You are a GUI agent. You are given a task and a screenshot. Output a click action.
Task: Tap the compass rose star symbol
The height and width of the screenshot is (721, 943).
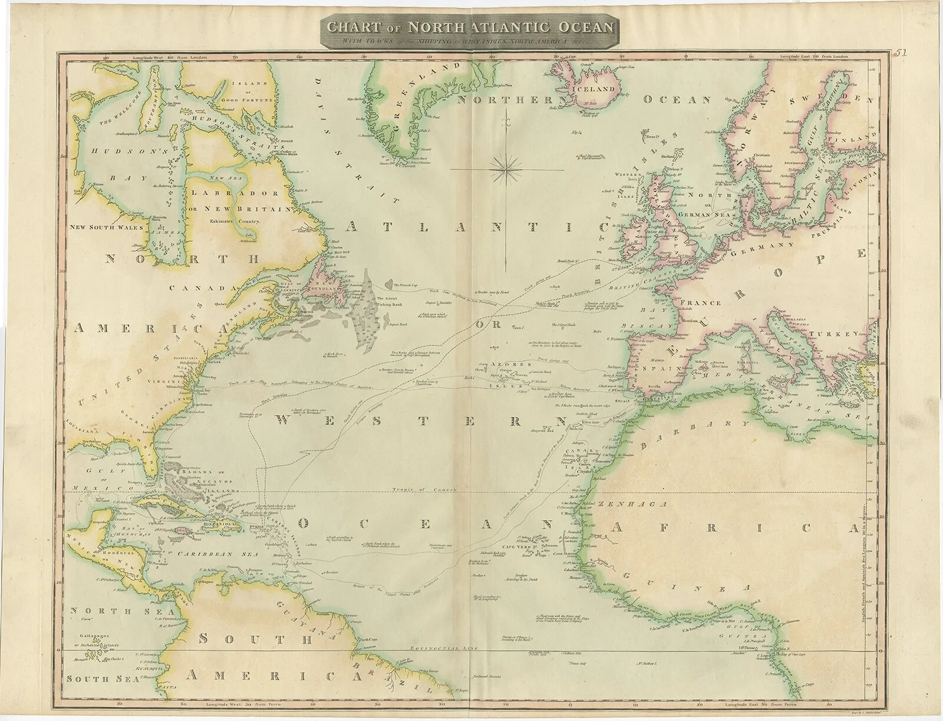click(x=507, y=169)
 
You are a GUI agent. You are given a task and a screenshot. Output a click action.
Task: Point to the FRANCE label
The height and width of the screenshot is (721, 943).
click(x=700, y=303)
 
